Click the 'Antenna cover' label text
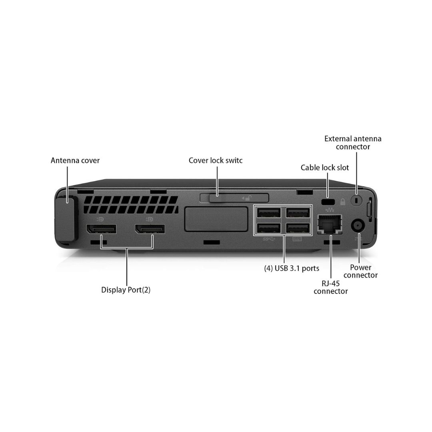(x=75, y=160)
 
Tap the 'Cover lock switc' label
(x=216, y=160)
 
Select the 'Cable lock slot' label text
(x=325, y=168)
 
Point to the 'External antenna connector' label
(x=353, y=143)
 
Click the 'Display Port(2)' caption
(x=126, y=290)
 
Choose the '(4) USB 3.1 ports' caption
(x=292, y=268)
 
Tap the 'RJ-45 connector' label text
(x=330, y=287)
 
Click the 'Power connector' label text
(x=360, y=271)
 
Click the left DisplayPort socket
(x=101, y=229)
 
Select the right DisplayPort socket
(x=150, y=229)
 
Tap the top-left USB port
(x=269, y=213)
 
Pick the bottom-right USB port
(x=298, y=228)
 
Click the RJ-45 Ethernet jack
(x=329, y=224)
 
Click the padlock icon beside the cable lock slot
(x=343, y=202)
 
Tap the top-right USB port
(x=298, y=213)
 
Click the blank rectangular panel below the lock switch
(x=215, y=219)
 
